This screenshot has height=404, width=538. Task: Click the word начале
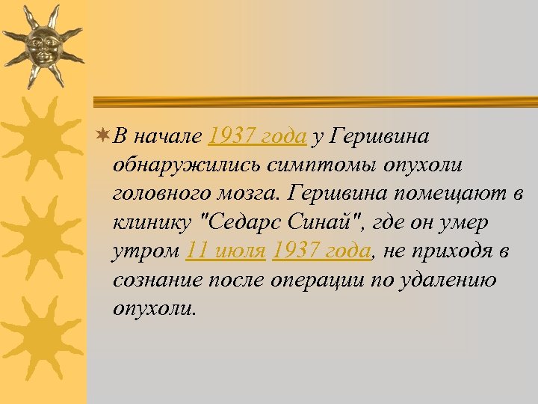pos(169,136)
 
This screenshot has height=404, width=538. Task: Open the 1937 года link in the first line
pos(258,136)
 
